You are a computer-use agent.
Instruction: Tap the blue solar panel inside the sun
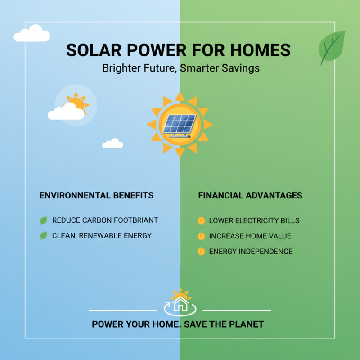[180, 124]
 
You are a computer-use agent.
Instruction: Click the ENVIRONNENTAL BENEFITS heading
[97, 196]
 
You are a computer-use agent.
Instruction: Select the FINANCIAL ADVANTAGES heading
[250, 196]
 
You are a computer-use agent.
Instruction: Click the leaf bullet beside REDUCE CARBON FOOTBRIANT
[44, 220]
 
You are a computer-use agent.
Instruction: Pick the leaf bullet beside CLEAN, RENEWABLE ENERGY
[44, 235]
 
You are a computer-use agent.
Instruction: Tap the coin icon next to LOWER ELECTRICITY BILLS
[201, 221]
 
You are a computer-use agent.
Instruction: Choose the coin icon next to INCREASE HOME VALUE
[201, 236]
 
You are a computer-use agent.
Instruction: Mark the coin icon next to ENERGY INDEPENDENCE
[201, 252]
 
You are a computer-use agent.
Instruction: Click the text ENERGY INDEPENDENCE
[251, 252]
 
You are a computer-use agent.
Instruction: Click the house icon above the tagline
[180, 303]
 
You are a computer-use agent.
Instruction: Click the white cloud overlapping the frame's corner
[31, 33]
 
